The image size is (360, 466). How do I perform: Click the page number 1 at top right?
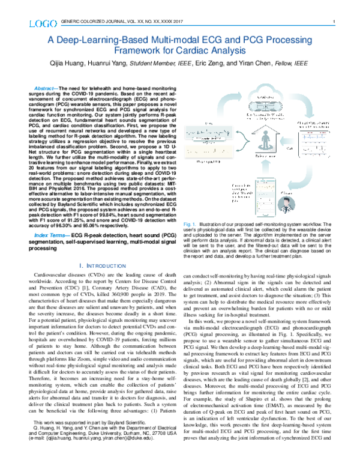[332, 23]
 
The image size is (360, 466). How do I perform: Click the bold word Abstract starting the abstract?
[47, 89]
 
